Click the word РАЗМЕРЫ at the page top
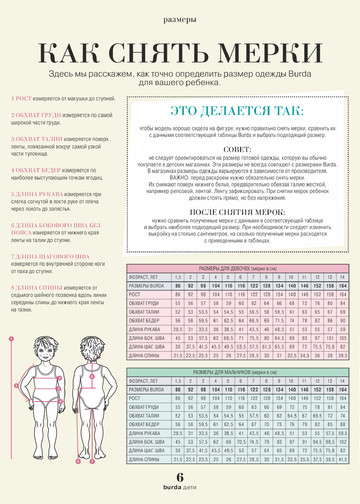(180, 19)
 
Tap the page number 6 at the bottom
(180, 478)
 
